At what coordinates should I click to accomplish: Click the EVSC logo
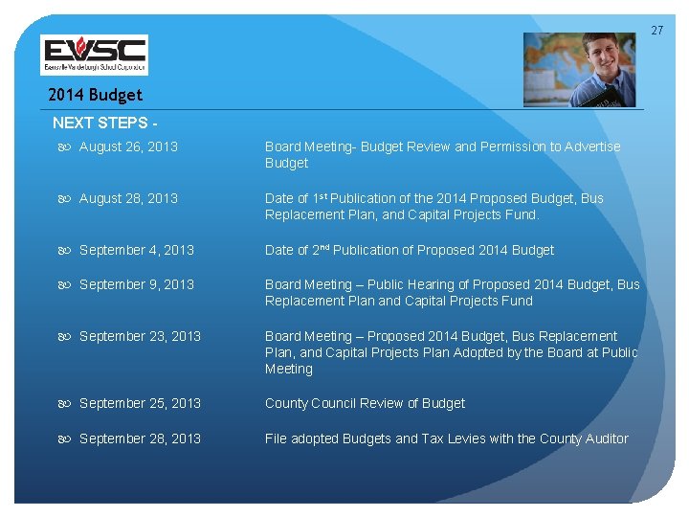[94, 55]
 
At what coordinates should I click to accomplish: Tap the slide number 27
[656, 31]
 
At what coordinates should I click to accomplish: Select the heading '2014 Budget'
[95, 95]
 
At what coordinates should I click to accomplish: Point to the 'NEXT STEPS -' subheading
[105, 123]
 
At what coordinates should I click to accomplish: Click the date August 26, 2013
[128, 146]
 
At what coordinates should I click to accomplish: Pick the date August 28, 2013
[128, 198]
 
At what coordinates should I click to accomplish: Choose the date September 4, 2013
[137, 250]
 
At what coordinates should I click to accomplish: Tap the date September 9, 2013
[137, 284]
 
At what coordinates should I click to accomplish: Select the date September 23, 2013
[140, 336]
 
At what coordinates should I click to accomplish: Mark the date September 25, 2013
[140, 403]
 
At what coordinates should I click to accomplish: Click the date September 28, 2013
[140, 438]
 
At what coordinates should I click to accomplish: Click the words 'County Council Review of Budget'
[365, 403]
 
